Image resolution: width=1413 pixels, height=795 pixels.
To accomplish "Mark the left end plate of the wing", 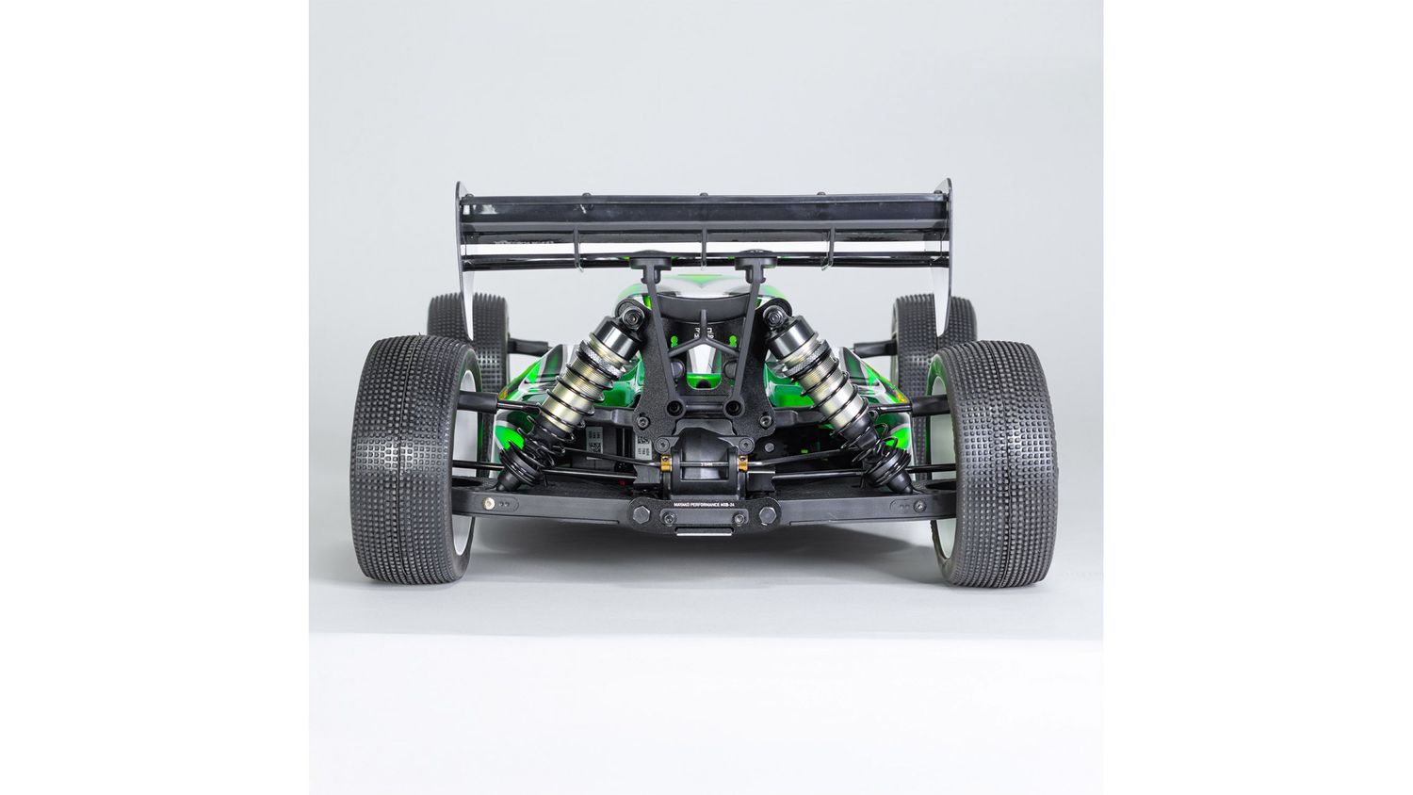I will (463, 250).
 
